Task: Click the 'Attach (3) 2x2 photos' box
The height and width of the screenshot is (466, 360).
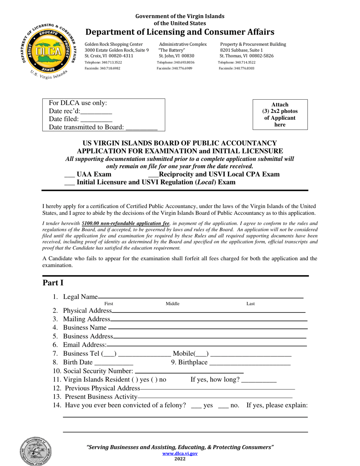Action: (280, 114)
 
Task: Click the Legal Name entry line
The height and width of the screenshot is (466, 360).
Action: (201, 298)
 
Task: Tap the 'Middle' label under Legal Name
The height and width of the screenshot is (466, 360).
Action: (172, 304)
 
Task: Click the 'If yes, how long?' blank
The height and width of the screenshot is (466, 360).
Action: (259, 381)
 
